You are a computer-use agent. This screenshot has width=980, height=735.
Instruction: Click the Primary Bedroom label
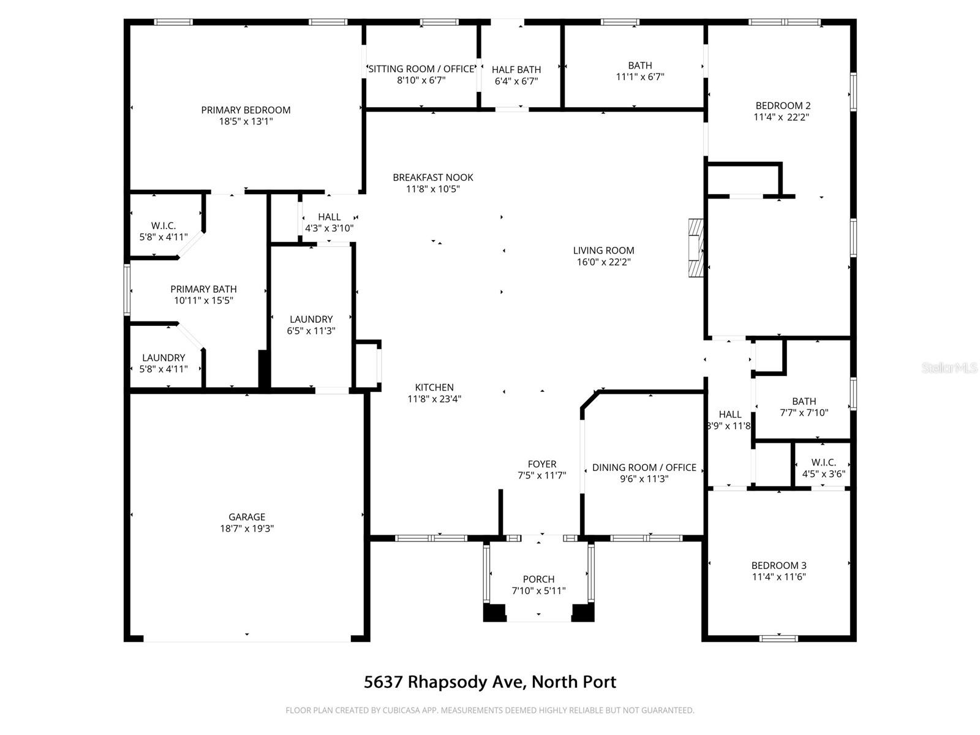(246, 110)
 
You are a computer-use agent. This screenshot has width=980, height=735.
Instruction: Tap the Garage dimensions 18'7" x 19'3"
(247, 529)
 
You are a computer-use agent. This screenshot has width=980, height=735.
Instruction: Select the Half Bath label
(516, 70)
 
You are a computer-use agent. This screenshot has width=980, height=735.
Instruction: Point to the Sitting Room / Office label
(421, 69)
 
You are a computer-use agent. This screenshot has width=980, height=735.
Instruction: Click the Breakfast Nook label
(433, 178)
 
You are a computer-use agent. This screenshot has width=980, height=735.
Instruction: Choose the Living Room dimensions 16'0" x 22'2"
(603, 262)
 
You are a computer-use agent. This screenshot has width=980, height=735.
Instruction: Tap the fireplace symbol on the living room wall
(696, 248)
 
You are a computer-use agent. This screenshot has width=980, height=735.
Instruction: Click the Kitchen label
(434, 387)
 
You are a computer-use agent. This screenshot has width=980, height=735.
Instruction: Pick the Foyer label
(542, 464)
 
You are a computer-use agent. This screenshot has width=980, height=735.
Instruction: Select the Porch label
(539, 579)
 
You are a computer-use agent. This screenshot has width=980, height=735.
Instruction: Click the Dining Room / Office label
(644, 468)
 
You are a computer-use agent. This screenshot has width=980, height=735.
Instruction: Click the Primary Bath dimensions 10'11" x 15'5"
(203, 301)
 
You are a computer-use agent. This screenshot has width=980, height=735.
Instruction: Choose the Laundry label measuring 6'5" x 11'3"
(311, 319)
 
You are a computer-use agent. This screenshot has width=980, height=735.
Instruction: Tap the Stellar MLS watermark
(949, 368)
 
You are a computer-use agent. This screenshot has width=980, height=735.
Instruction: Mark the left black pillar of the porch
(495, 612)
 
